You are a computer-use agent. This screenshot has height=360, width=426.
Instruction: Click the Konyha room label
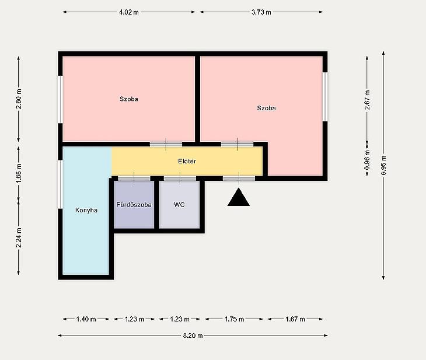click(86, 210)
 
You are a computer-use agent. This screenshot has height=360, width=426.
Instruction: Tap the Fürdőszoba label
click(134, 205)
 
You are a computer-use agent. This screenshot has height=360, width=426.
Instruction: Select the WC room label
click(179, 205)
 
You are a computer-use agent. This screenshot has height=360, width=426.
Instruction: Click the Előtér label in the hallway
click(187, 161)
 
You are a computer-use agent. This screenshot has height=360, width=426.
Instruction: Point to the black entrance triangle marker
click(239, 198)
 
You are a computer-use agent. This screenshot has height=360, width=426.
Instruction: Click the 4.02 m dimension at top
click(129, 12)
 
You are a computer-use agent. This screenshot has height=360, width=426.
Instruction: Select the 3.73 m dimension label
click(261, 12)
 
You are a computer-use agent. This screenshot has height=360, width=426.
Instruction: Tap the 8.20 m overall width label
click(193, 335)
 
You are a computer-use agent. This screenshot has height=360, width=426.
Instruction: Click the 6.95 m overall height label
click(383, 166)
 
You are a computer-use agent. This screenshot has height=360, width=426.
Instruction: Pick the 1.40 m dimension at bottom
click(86, 319)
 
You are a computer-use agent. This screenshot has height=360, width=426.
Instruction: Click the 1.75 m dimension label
click(234, 319)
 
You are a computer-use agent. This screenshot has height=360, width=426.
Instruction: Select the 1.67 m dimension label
click(295, 319)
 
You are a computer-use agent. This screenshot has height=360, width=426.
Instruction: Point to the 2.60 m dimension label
click(19, 99)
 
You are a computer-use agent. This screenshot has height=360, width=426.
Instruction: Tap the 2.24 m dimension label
click(19, 238)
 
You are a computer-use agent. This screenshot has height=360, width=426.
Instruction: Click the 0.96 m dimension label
click(367, 160)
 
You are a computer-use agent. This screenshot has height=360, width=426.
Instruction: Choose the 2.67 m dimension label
click(367, 100)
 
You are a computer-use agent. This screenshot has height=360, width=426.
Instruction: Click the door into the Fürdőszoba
click(134, 178)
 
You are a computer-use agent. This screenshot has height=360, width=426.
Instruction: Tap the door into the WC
click(180, 178)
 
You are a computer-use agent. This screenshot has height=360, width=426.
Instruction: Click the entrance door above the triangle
click(239, 178)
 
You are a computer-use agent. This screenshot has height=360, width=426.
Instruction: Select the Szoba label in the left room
click(129, 99)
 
